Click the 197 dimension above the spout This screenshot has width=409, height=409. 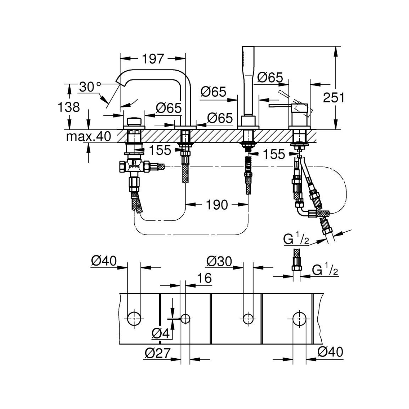tap(153, 59)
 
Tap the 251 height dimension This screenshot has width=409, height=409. tap(334, 98)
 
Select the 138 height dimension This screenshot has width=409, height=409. tap(69, 107)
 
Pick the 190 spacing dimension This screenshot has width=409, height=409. tap(217, 205)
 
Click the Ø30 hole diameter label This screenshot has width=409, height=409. tap(219, 261)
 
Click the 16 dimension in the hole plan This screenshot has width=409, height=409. tap(204, 278)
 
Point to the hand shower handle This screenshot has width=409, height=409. tap(248, 80)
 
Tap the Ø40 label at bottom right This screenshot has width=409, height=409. tap(330, 352)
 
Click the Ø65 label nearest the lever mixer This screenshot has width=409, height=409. tap(270, 78)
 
